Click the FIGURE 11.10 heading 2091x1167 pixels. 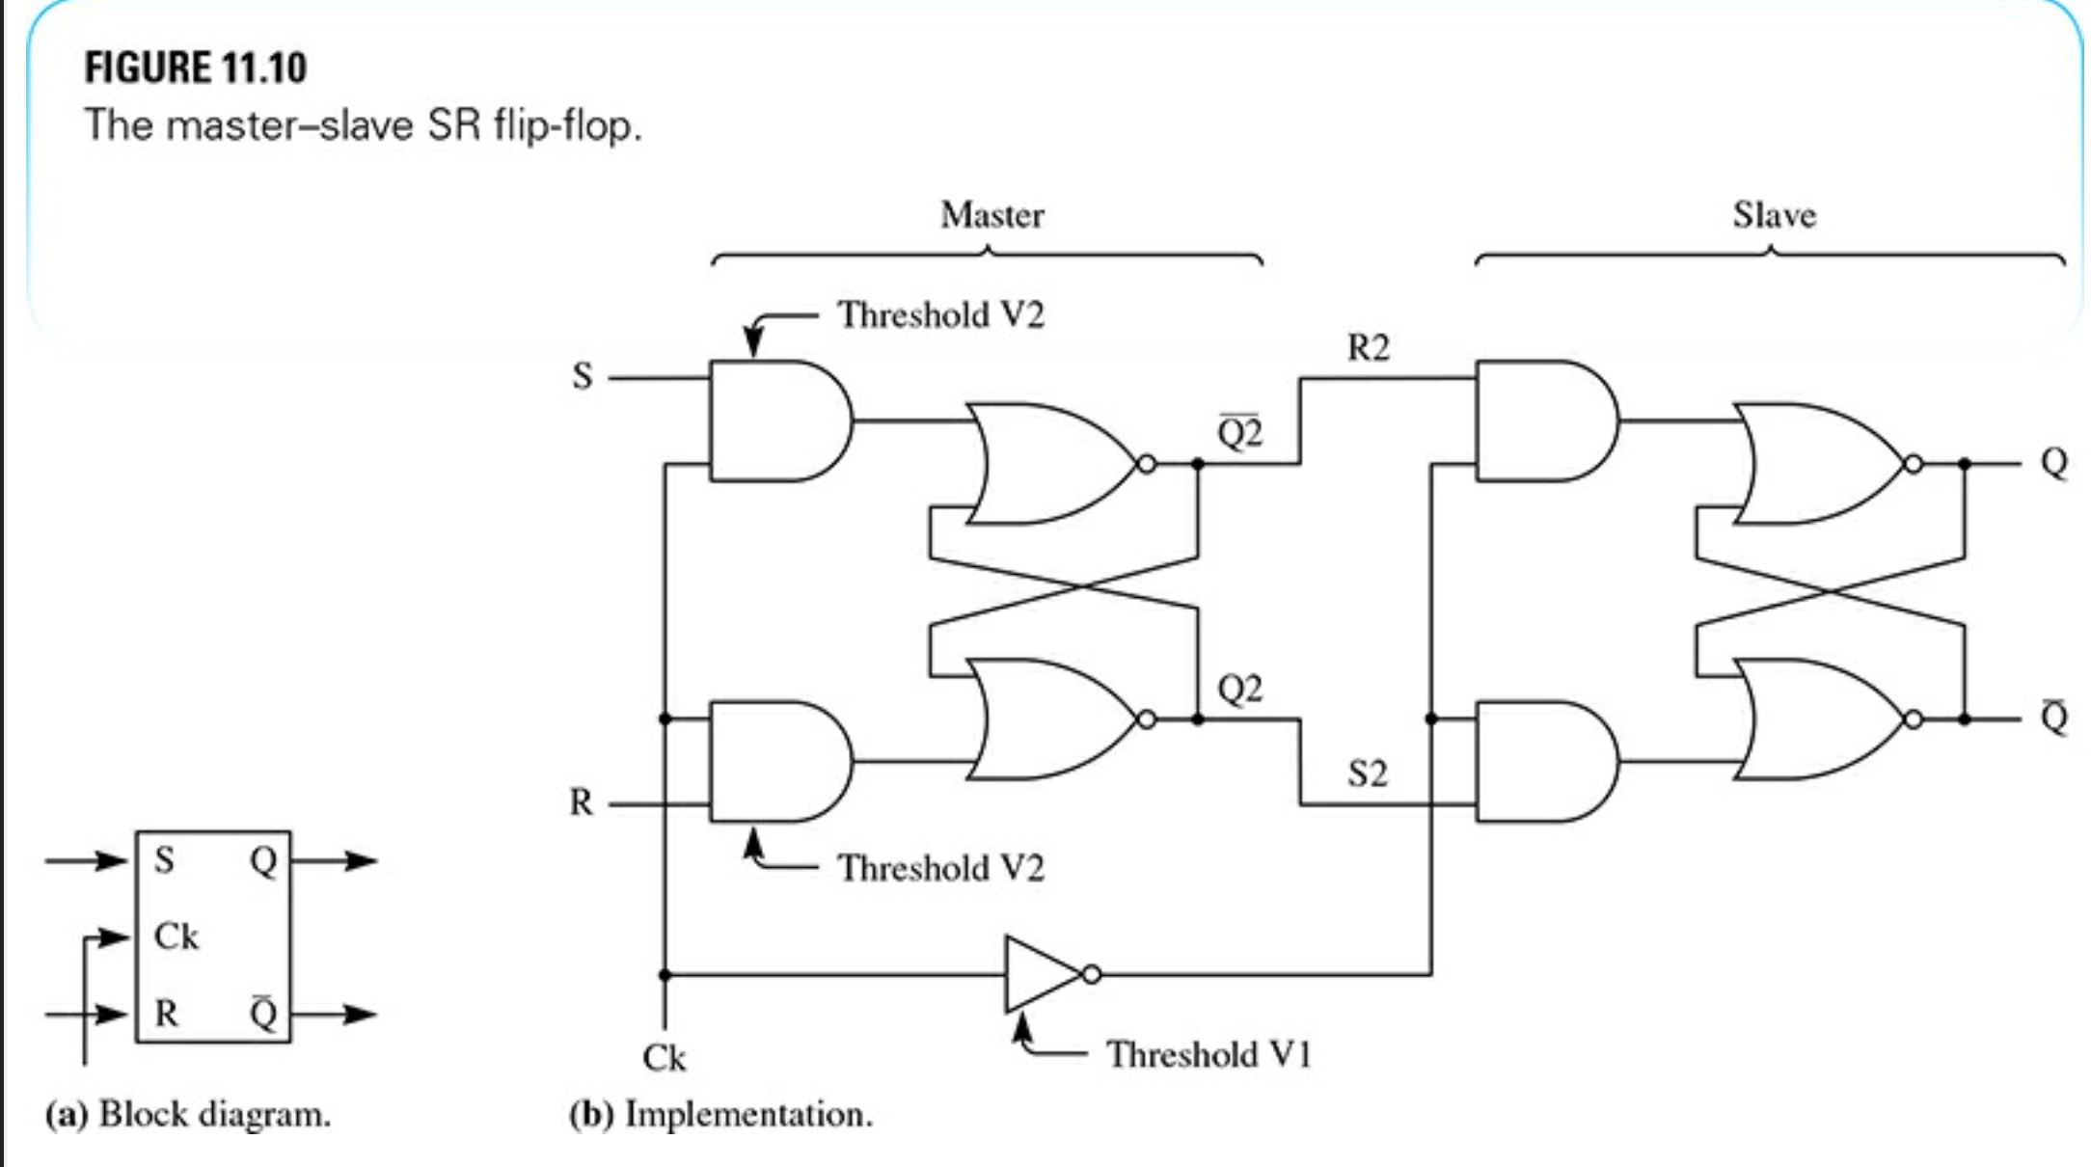point(195,68)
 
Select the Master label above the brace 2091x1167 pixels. point(991,214)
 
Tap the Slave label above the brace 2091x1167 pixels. point(1774,214)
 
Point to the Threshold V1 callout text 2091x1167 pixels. point(1208,1054)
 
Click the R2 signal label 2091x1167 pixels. point(1368,347)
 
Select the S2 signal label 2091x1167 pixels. point(1368,773)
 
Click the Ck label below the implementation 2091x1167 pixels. point(664,1058)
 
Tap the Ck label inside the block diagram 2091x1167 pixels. point(176,936)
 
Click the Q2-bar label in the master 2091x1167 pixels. point(1239,433)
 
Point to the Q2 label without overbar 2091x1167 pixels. point(1239,689)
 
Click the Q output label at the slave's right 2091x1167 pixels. point(2053,463)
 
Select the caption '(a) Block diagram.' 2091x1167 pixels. point(188,1115)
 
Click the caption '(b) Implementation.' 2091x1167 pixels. point(720,1115)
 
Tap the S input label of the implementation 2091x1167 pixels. point(582,375)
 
